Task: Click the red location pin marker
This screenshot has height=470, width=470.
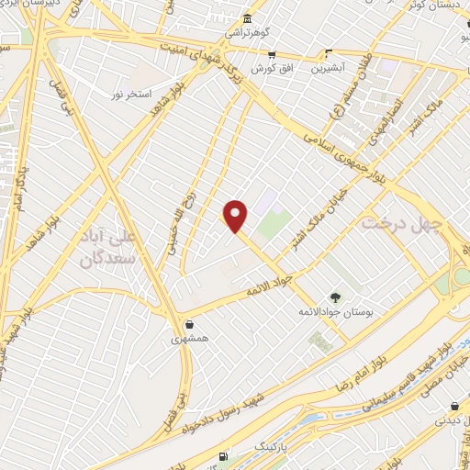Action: [236, 215]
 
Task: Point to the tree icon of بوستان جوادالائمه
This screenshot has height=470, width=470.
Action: [335, 297]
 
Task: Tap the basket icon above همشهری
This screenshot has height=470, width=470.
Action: [189, 324]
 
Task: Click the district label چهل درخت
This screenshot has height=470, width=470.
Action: [401, 223]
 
